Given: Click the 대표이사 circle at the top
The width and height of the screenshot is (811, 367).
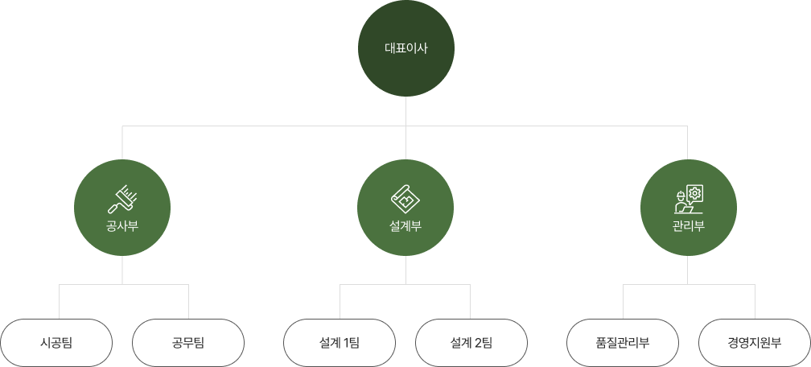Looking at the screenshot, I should coord(405,48).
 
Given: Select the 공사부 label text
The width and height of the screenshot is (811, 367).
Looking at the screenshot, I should coord(122,225).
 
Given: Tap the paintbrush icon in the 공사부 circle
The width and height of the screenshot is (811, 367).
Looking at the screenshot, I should coord(122,198).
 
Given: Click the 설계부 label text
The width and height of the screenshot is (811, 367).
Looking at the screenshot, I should coord(405,225).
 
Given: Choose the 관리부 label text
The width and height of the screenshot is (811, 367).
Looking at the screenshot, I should coord(689,225).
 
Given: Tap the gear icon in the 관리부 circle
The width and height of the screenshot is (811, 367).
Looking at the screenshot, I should coord(694,193).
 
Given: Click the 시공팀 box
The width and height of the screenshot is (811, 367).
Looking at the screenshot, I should coord(56,343).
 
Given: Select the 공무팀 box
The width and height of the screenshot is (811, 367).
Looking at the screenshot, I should coord(188,343).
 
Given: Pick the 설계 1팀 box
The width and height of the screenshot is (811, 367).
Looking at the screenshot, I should coord(340,343).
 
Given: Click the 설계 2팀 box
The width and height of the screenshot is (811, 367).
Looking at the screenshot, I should coord(471,343).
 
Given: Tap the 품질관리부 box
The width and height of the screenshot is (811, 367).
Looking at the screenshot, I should coord(623,343).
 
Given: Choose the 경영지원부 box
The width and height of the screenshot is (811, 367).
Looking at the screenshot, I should coord(755,343).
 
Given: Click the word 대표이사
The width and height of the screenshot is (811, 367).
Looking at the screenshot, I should coord(405,48).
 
